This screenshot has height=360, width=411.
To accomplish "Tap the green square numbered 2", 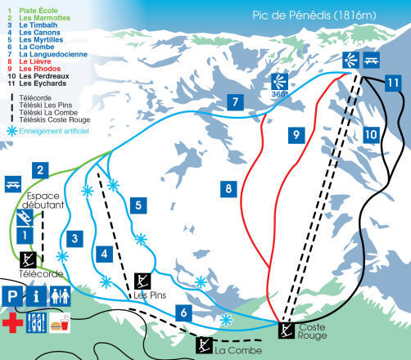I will (x=38, y=170).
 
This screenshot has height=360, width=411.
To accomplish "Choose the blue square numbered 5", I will (x=140, y=205).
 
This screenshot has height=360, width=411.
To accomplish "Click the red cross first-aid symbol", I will (x=12, y=320).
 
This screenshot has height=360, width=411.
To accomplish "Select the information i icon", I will (x=36, y=295).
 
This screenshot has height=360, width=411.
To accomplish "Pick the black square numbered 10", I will (x=370, y=133).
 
